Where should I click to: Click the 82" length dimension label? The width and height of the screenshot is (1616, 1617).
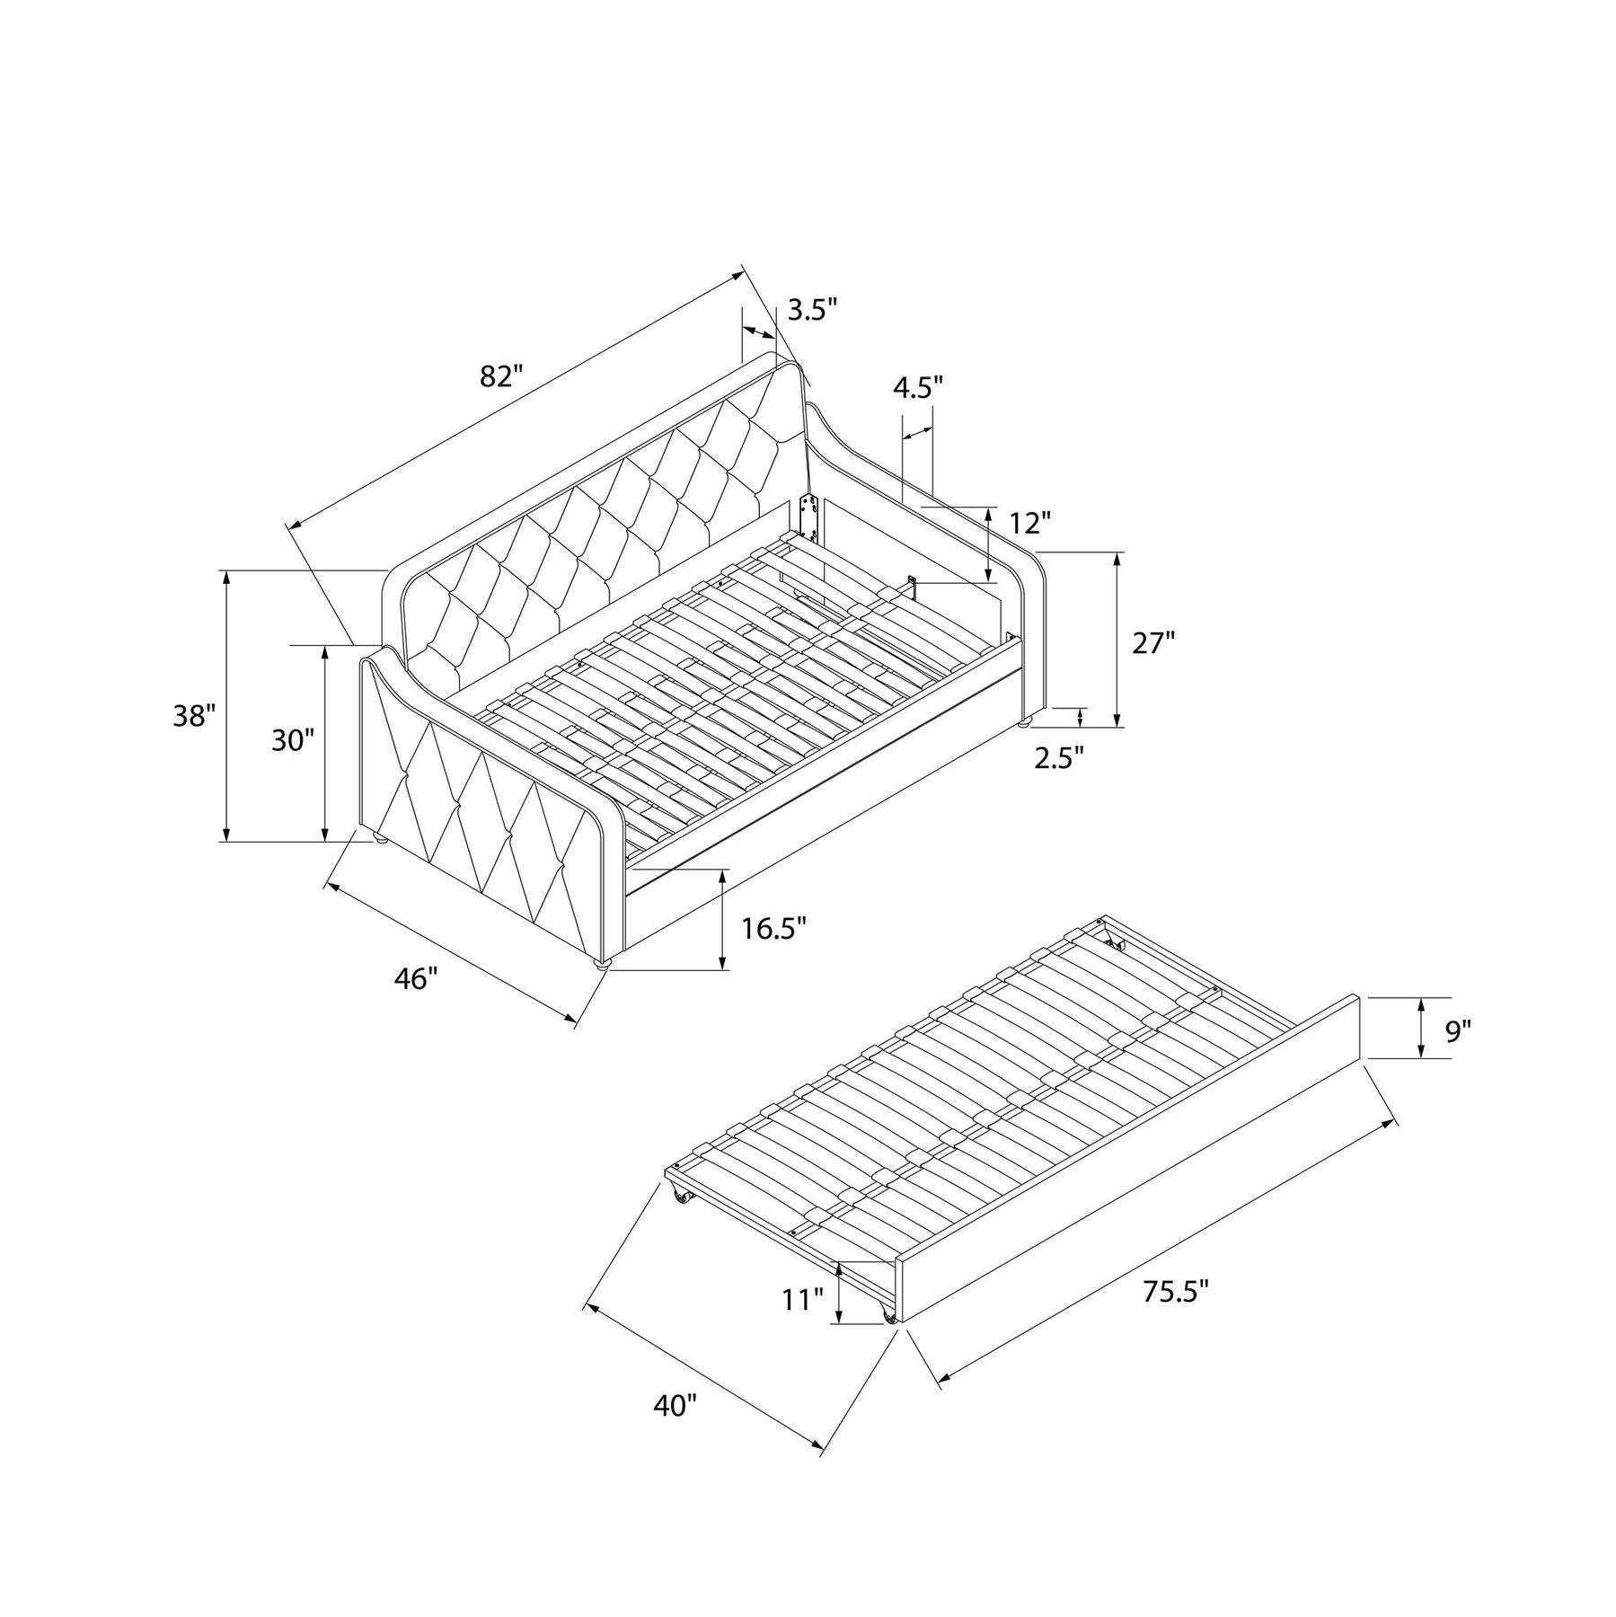(x=501, y=376)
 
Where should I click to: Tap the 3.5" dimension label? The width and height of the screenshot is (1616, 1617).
(x=812, y=311)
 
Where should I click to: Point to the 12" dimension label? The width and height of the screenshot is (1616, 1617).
(x=1029, y=522)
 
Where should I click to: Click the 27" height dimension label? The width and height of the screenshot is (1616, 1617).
(x=1152, y=643)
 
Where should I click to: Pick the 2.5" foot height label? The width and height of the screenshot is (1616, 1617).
(x=1059, y=758)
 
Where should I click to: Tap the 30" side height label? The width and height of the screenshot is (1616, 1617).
(x=294, y=741)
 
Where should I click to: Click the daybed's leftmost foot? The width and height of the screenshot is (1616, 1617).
(x=380, y=839)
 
